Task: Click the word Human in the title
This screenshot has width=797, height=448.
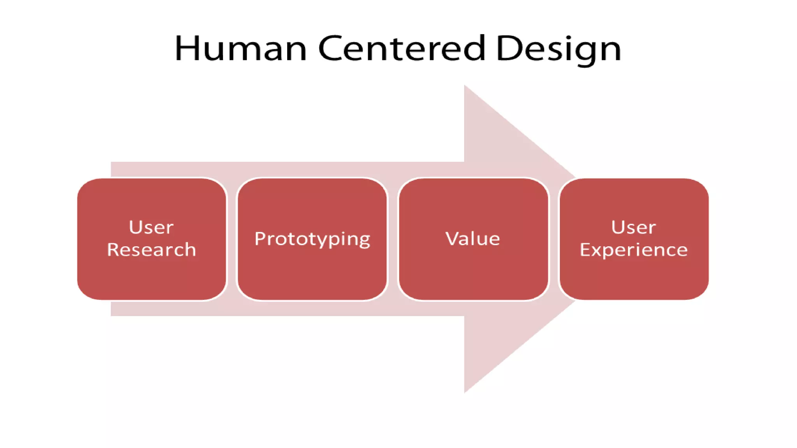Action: (241, 48)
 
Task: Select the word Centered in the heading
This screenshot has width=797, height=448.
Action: (402, 48)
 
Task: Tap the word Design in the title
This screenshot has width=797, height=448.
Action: (558, 49)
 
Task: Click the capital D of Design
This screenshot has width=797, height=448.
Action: (510, 48)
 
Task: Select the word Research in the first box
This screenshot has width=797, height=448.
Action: (151, 250)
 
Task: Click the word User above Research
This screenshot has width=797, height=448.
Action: (151, 227)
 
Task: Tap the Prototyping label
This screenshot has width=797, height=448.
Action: (312, 239)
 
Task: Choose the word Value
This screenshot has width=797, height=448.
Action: (472, 238)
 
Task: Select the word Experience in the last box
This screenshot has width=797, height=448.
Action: (634, 250)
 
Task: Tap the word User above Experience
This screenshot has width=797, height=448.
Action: (633, 227)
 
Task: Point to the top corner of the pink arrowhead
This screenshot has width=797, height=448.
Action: (465, 86)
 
